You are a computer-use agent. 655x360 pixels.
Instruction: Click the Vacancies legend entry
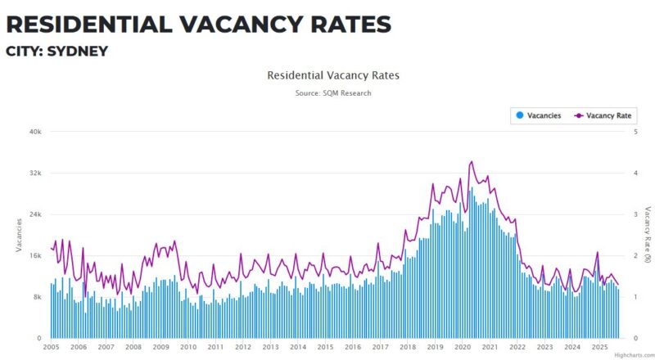537,115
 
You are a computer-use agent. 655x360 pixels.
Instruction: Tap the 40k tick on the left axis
35,131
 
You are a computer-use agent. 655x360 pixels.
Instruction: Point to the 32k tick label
35,173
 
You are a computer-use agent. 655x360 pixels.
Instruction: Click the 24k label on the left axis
35,214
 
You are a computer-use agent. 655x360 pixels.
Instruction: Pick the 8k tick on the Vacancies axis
38,297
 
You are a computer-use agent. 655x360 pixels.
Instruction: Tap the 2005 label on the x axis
52,347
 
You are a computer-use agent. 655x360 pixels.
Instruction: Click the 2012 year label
243,347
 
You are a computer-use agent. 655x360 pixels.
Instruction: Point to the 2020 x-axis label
462,347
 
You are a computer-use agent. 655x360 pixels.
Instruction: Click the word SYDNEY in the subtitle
78,51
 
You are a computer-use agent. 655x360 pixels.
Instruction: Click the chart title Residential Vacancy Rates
333,75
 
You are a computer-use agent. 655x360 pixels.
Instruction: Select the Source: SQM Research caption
333,93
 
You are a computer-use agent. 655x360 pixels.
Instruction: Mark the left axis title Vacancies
18,235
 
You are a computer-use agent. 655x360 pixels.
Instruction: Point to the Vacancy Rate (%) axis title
648,235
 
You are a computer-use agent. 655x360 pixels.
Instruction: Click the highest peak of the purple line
471,162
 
